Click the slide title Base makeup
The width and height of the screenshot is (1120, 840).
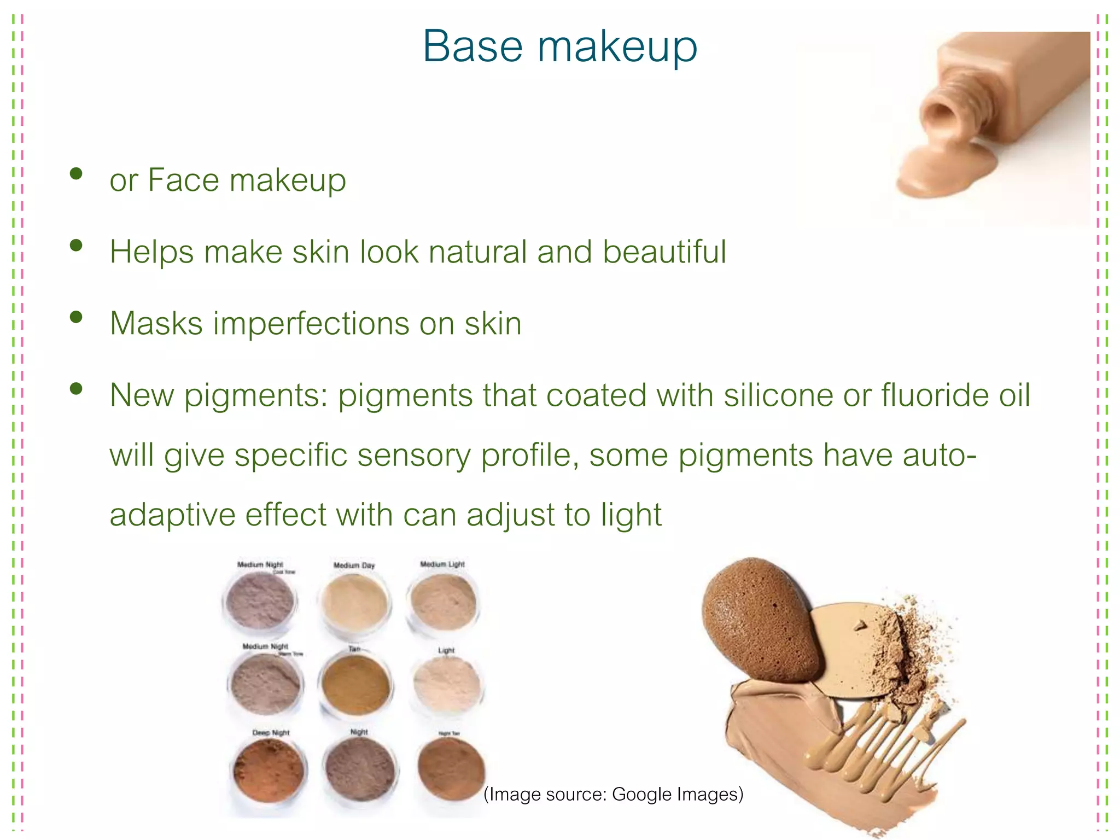pos(559,46)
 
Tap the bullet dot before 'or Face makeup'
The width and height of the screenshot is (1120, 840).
pos(76,174)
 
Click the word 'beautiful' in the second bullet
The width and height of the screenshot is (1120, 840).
pos(664,252)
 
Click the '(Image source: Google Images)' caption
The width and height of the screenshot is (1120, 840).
pos(613,794)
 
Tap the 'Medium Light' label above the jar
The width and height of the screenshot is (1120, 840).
pos(442,564)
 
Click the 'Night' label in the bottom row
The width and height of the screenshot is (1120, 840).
pos(359,732)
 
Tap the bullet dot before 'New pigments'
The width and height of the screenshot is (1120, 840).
pos(76,389)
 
